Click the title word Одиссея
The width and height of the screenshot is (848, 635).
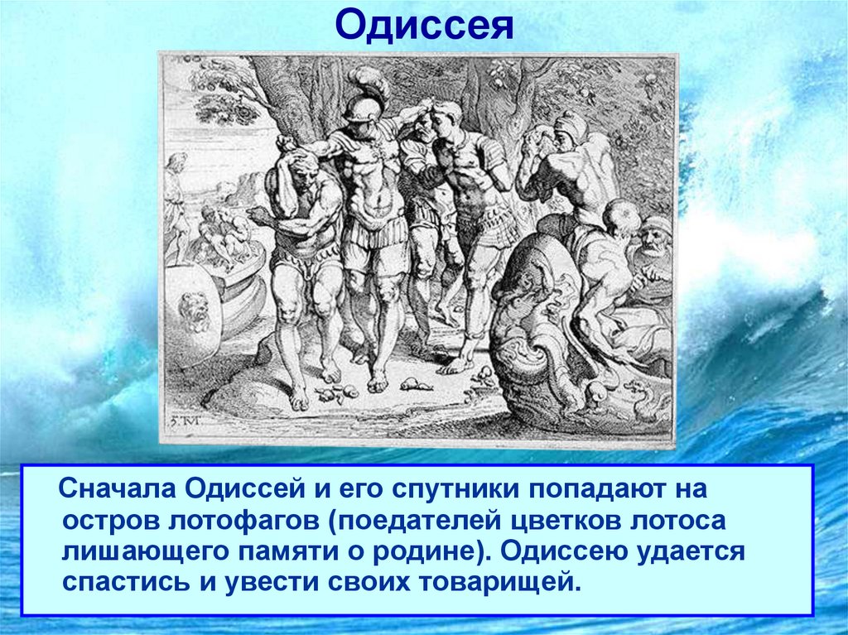[424, 28]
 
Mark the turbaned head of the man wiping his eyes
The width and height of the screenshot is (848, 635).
[570, 128]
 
